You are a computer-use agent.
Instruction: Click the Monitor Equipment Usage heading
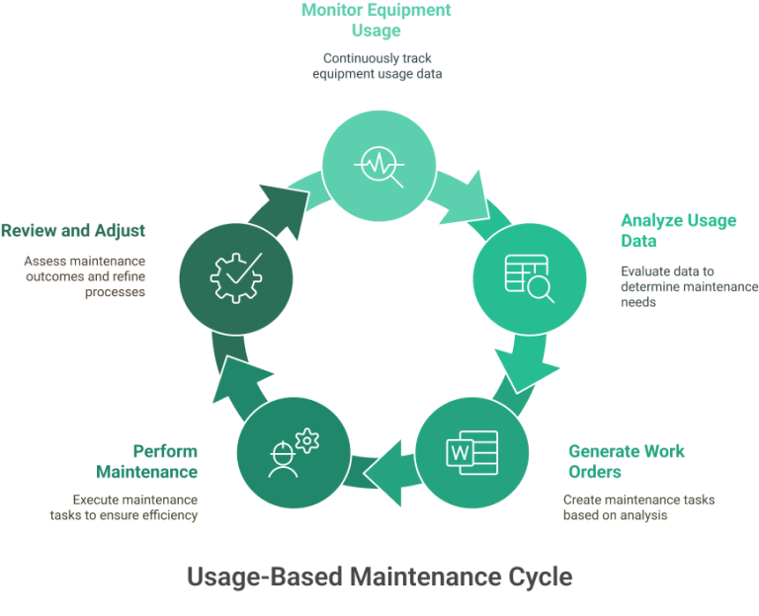point(376,20)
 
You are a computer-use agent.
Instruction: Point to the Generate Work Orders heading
point(627,460)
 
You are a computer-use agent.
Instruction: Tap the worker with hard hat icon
point(293,452)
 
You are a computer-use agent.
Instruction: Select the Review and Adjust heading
point(73,231)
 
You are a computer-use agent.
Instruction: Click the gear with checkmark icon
point(235,273)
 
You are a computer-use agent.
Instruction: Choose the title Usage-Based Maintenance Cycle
point(379,576)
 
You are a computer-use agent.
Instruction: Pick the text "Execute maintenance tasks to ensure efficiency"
point(134,507)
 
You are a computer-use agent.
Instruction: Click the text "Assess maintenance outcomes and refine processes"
point(85,276)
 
